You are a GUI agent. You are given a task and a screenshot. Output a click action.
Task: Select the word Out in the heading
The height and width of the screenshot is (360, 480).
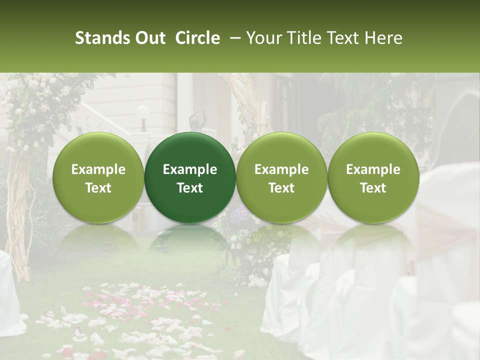(149, 38)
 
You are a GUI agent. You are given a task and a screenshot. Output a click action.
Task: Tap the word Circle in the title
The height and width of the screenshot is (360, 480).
(197, 38)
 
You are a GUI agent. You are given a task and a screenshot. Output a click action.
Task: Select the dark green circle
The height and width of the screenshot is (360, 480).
(190, 177)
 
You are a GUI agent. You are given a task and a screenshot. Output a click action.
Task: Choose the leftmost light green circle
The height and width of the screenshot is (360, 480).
(98, 177)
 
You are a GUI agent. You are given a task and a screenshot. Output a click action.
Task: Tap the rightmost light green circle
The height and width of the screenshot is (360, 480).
(373, 177)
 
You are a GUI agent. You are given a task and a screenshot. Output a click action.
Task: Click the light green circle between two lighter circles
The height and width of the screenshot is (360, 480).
(281, 177)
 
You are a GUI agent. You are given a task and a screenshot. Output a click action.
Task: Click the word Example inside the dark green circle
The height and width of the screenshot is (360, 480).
(190, 169)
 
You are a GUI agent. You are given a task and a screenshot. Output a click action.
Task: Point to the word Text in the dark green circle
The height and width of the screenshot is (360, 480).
(190, 188)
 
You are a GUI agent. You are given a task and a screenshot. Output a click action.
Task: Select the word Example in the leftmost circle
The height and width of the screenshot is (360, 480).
(98, 169)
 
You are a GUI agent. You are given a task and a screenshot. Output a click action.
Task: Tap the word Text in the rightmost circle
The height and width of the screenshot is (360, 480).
(373, 188)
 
